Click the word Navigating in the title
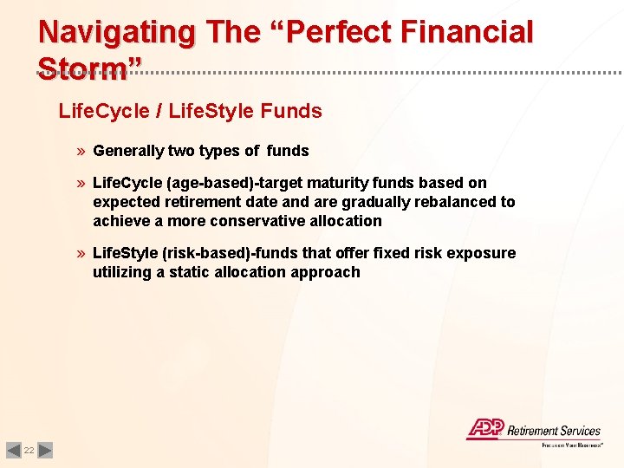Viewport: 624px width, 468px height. [x=117, y=32]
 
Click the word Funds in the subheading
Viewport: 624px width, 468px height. [x=291, y=111]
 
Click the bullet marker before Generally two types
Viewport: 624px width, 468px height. [x=81, y=151]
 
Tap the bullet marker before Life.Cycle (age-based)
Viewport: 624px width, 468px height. [x=81, y=183]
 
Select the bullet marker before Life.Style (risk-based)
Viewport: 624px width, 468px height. [x=81, y=253]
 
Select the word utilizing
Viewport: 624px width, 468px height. [x=121, y=272]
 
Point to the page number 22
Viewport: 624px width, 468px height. [x=29, y=451]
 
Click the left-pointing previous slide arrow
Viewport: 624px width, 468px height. [x=13, y=451]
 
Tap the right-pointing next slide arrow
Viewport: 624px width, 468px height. [x=46, y=451]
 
